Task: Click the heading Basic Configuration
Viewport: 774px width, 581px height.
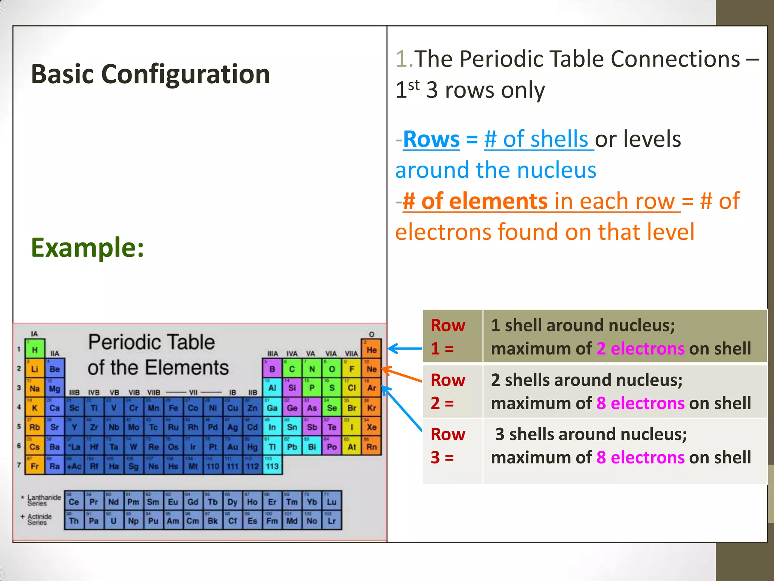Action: pos(150,74)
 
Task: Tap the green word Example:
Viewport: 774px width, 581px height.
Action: pos(87,247)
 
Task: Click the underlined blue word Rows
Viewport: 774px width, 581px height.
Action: pos(431,139)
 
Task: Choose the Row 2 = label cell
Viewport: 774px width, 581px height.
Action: pos(452,391)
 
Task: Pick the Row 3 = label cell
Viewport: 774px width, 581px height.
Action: pos(452,446)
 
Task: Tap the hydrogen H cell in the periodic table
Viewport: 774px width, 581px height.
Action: pos(35,350)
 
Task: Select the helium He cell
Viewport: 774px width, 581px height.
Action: pos(372,350)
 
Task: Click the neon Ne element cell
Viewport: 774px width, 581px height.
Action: pos(372,369)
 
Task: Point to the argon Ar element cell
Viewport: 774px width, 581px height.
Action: pos(372,388)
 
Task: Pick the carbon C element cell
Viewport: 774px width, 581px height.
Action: pos(292,369)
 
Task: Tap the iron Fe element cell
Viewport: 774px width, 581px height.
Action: pos(173,408)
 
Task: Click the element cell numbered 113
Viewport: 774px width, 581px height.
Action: pos(272,466)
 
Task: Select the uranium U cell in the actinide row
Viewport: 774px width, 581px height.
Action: pos(113,521)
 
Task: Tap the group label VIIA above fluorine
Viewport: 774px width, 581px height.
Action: pos(351,354)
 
